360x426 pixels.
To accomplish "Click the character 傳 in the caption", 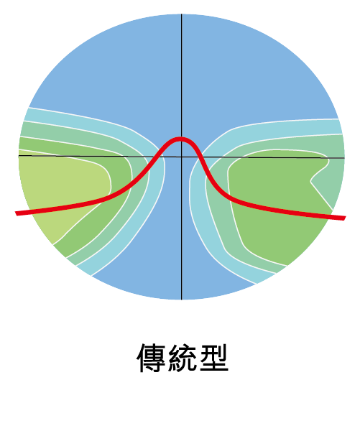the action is [151, 358].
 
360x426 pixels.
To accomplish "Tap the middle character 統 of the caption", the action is [183, 358].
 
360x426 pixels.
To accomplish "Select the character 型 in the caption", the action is [214, 358].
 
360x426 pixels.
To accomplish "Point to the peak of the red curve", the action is [181, 139].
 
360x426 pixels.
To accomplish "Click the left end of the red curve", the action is [17, 213].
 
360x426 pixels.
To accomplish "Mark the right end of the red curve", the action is [345, 218].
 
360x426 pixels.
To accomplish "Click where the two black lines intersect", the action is [182, 157].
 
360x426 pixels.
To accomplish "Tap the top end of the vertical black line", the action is [182, 14].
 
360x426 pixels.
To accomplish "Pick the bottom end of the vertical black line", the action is [182, 299].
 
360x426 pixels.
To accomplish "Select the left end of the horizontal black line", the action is [19, 155].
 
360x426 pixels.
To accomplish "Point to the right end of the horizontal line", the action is [344, 158].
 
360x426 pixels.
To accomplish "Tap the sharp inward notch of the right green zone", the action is [311, 182].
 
